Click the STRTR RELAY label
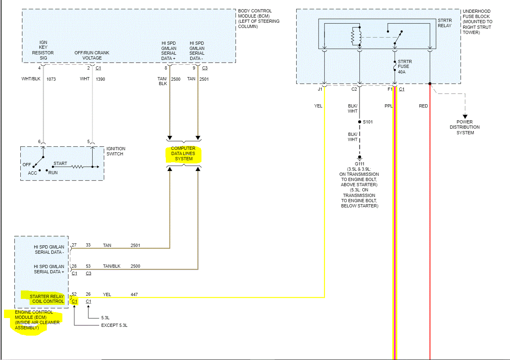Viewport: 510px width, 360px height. tap(444, 23)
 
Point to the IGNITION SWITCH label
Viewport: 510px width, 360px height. tap(115, 151)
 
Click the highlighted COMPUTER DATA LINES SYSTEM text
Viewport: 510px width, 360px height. tap(183, 154)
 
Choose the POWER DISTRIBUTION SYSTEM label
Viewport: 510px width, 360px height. tap(465, 127)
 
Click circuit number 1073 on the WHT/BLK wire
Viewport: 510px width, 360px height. tap(51, 79)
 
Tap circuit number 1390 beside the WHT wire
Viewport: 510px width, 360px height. tap(101, 79)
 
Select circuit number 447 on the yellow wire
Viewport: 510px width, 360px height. tap(134, 294)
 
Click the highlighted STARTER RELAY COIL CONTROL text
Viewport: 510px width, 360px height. tap(47, 299)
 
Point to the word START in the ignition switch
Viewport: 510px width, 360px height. tap(60, 163)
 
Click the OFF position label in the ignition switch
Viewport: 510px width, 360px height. tap(27, 165)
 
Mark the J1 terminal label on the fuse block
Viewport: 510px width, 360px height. tap(320, 89)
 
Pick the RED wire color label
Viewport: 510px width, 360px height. tap(423, 106)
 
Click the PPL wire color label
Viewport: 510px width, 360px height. tap(388, 106)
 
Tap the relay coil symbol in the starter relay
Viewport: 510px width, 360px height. tap(354, 36)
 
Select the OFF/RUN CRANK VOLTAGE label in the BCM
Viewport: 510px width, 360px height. tap(92, 56)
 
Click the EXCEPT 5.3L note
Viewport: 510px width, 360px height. tap(114, 325)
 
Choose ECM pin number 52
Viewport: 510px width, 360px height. tap(74, 294)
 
